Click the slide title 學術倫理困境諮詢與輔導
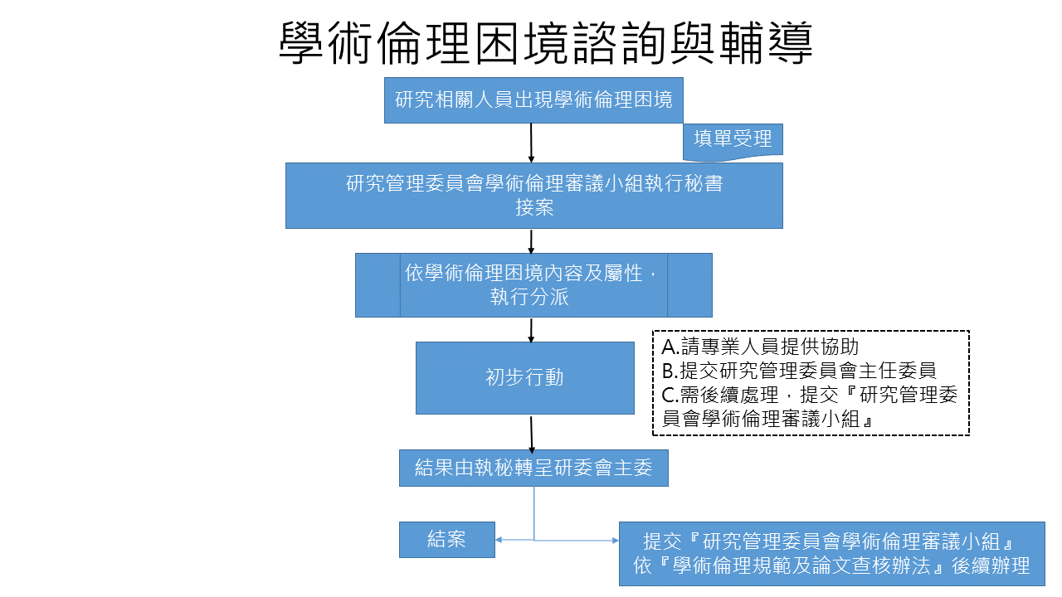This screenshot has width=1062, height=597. pos(545,44)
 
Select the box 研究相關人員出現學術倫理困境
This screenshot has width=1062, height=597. pos(533,100)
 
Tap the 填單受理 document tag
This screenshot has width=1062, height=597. pos(733,139)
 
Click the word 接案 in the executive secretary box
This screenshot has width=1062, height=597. pos(534,207)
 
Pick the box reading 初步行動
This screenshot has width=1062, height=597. pos(524,377)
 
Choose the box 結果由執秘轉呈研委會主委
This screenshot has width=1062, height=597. pos(533,468)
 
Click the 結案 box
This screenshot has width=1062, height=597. pos(446,539)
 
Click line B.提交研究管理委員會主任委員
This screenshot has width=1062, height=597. pos(800,371)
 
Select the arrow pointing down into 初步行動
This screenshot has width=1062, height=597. pos(531,329)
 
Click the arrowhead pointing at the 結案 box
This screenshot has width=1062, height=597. pos(499,541)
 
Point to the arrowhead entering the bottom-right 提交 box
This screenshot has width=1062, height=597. pos(615,541)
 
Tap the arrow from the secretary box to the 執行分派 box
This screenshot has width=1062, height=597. pos(531,240)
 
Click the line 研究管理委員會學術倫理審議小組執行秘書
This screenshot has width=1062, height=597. pos(534,183)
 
